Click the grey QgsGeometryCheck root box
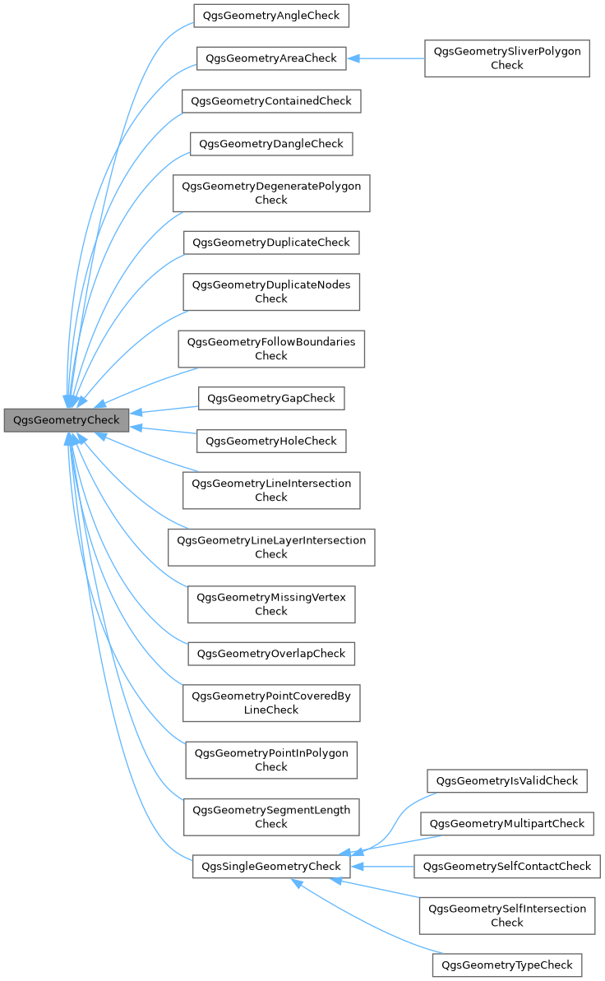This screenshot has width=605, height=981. (66, 419)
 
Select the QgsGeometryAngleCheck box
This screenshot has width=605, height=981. (271, 16)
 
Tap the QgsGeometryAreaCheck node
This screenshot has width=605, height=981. (271, 58)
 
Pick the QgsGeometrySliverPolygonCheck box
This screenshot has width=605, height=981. (506, 58)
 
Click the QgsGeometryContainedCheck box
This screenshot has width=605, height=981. (271, 101)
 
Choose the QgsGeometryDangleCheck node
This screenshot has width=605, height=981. (271, 144)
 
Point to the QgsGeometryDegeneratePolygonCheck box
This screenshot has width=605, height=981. (271, 193)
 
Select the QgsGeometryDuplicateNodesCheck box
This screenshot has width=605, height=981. (271, 292)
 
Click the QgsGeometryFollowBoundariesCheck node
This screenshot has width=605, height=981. (271, 349)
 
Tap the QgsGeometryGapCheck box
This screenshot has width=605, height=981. (271, 398)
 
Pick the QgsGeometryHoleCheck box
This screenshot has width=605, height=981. (271, 441)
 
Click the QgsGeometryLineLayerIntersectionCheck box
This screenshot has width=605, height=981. (271, 547)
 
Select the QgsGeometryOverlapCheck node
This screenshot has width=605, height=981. (271, 654)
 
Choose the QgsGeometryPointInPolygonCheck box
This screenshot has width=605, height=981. (271, 760)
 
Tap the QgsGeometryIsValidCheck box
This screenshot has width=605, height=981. (506, 780)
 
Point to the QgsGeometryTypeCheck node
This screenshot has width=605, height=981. (506, 965)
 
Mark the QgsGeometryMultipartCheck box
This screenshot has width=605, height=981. (506, 823)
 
